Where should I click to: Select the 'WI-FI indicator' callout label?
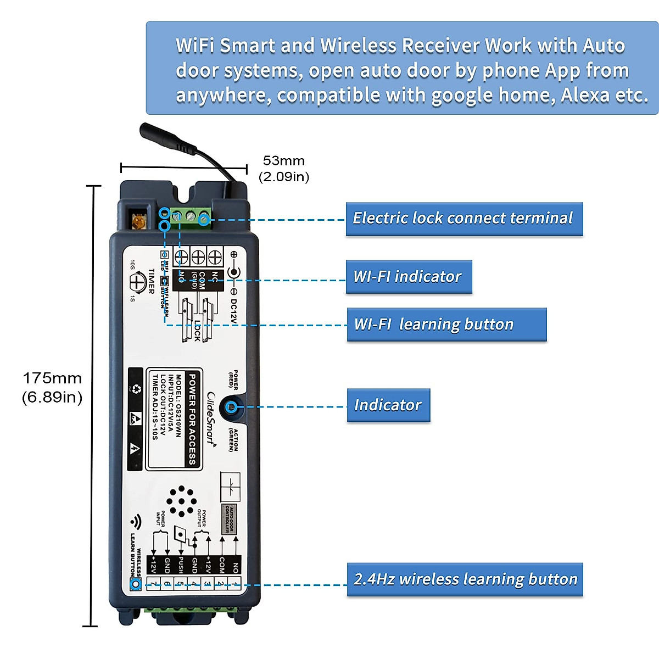[409, 276]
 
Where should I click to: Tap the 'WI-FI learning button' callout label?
[446, 324]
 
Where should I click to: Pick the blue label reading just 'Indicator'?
[388, 405]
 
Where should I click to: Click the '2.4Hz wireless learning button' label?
[465, 579]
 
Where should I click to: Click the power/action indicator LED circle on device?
[232, 407]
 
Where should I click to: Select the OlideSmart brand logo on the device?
[211, 417]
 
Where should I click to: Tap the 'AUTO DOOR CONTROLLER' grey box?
[229, 519]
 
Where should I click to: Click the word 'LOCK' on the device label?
[197, 331]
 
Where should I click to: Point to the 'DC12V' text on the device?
[233, 311]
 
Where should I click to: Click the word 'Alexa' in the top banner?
[585, 96]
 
